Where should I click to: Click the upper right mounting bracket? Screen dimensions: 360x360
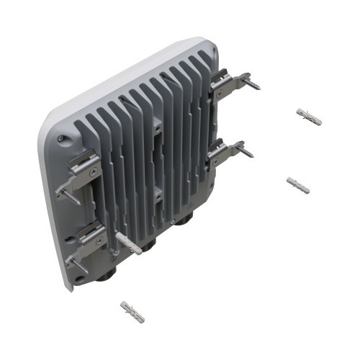[x=229, y=84]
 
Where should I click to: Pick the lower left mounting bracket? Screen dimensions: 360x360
[x=85, y=241]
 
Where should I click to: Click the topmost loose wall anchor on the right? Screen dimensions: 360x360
[x=309, y=117]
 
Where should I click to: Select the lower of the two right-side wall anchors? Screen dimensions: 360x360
[x=298, y=185]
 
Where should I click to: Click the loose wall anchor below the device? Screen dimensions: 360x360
[x=132, y=312]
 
